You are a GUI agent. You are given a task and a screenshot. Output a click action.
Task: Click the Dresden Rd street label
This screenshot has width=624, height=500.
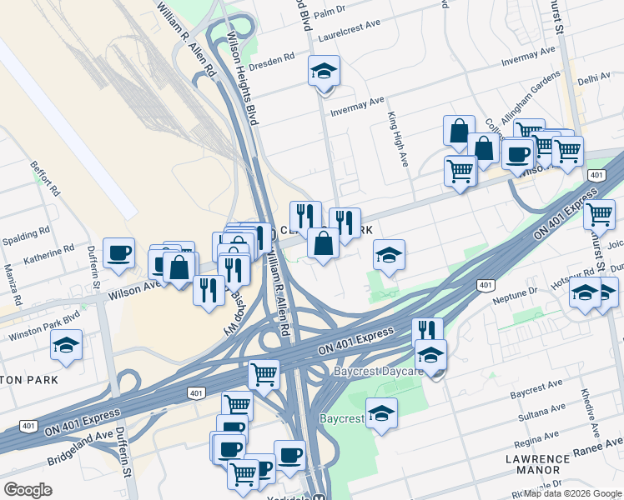[x=279, y=58]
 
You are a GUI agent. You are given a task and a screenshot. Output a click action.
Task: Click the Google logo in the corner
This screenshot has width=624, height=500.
[x=28, y=490]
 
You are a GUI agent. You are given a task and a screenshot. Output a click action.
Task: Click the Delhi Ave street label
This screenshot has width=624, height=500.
[x=594, y=77]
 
